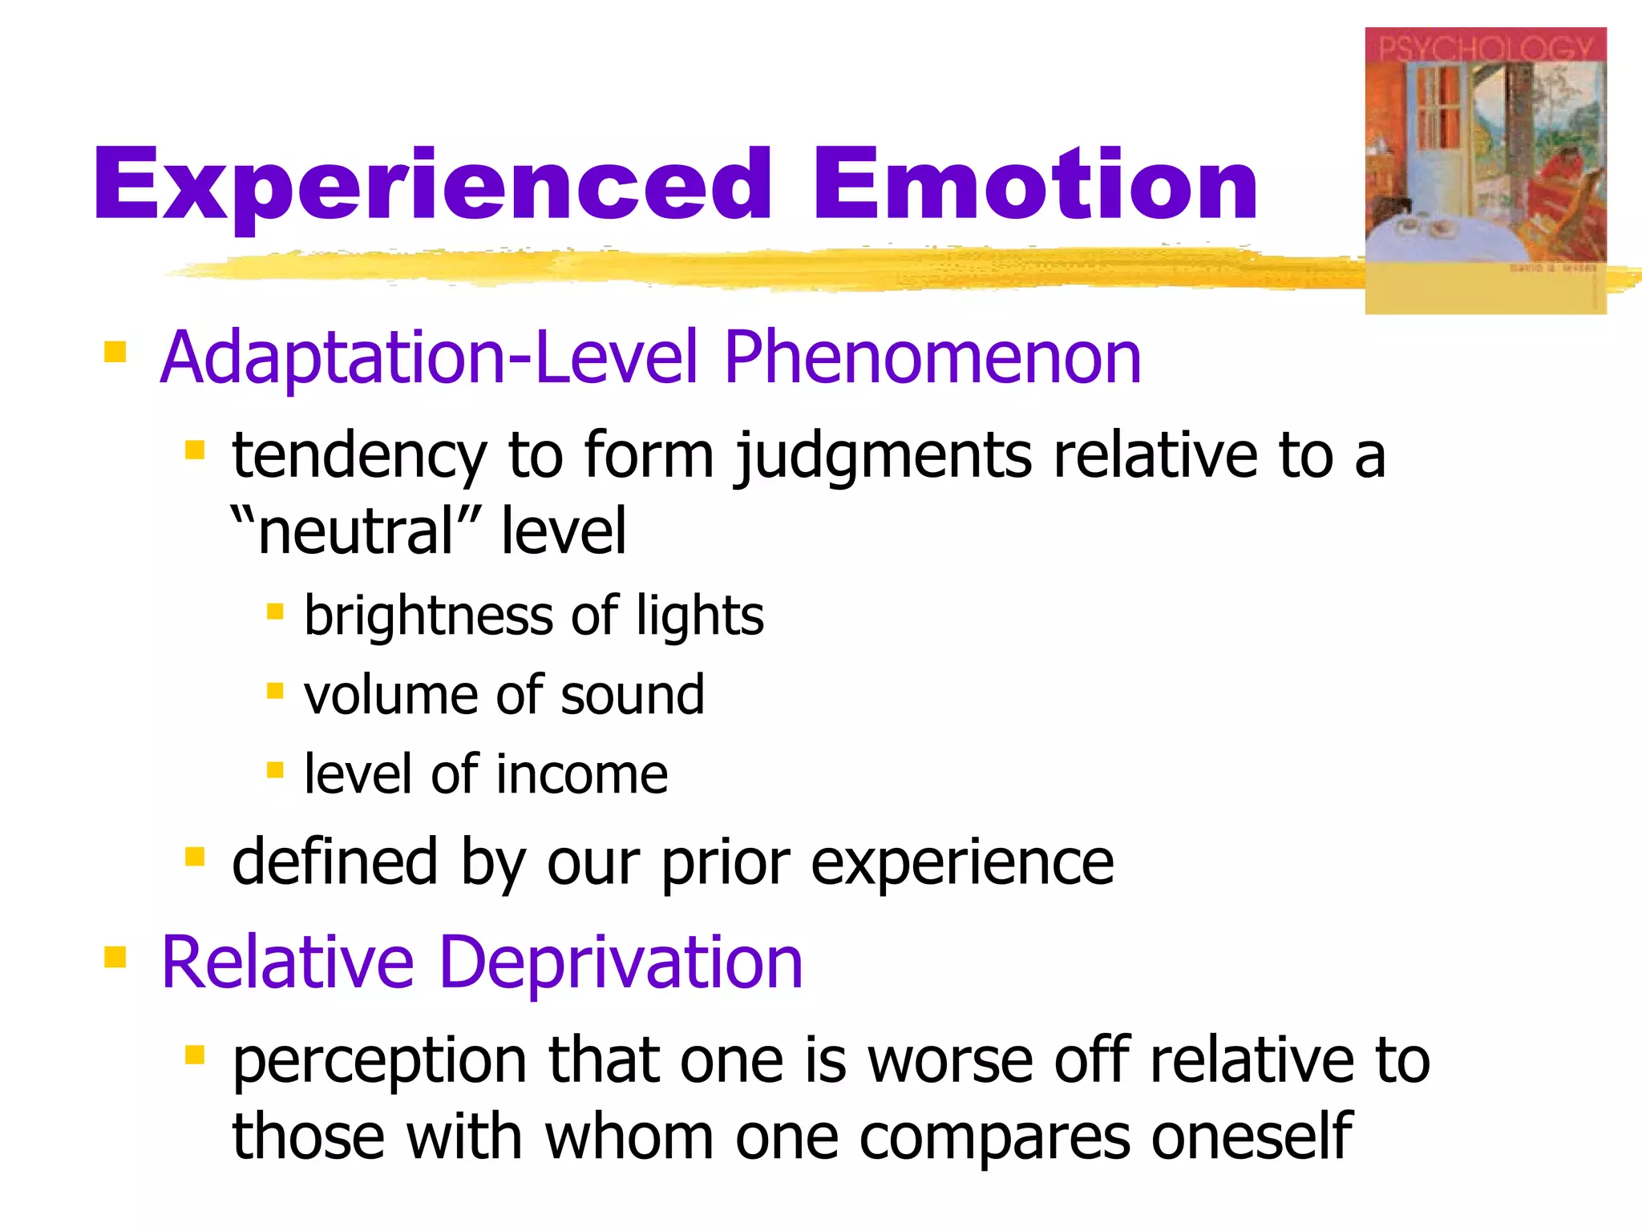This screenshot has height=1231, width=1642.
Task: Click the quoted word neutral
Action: click(x=356, y=531)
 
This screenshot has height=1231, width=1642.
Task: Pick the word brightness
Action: click(x=429, y=615)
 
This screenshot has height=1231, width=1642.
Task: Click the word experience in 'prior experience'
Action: click(x=962, y=862)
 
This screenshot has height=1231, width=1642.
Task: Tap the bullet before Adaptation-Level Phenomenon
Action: click(x=115, y=352)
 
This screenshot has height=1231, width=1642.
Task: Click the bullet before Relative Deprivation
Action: click(x=115, y=957)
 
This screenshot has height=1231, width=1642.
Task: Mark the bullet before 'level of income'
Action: click(x=275, y=770)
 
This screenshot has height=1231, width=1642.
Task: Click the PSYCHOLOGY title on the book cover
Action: click(x=1485, y=48)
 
